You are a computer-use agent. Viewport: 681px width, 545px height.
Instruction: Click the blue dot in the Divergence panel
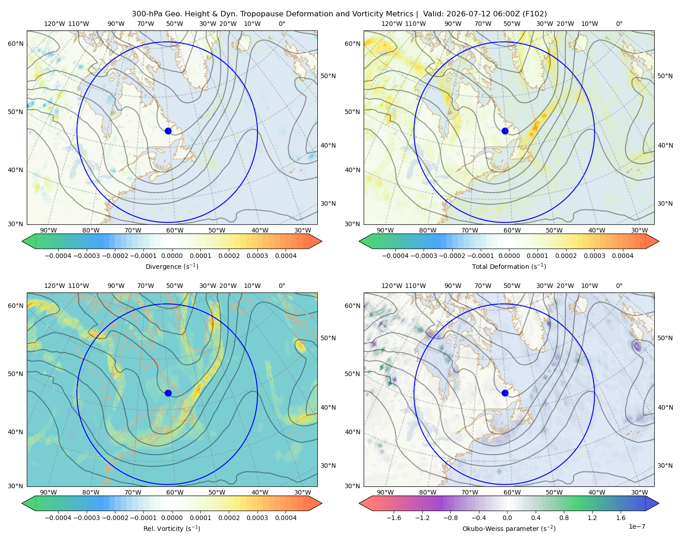click(168, 131)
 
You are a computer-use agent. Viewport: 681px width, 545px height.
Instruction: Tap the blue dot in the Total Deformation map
click(505, 131)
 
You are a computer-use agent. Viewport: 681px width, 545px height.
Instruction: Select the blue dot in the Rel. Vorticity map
click(168, 393)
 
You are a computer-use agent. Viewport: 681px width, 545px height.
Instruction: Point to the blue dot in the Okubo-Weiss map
click(505, 393)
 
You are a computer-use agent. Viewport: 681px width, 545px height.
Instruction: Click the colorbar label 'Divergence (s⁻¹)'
click(172, 266)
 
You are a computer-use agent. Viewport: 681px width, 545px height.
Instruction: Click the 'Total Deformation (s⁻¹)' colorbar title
click(509, 266)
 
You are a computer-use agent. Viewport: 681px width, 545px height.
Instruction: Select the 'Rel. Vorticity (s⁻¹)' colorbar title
click(172, 528)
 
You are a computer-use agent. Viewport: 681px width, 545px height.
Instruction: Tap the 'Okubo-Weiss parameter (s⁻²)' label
click(509, 528)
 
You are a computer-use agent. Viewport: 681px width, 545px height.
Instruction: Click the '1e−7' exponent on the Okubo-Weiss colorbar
click(637, 526)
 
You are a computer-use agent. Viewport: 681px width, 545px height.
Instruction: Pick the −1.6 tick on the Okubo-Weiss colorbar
click(394, 518)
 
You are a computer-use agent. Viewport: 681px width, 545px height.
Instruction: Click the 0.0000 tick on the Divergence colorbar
click(172, 256)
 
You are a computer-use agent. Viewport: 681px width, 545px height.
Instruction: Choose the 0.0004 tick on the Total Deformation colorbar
click(622, 256)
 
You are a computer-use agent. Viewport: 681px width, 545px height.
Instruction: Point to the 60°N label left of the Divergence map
click(15, 44)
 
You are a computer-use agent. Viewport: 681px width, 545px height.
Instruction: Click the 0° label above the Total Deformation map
click(619, 24)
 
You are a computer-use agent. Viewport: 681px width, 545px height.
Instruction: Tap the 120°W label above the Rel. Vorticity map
click(54, 286)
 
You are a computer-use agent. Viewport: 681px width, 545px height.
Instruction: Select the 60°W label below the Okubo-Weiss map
click(512, 492)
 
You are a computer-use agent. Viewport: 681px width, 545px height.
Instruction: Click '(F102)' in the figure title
click(535, 14)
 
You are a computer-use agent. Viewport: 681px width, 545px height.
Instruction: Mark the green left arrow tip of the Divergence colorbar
click(22, 241)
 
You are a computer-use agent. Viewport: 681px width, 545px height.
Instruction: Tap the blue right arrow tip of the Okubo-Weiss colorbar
click(659, 503)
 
